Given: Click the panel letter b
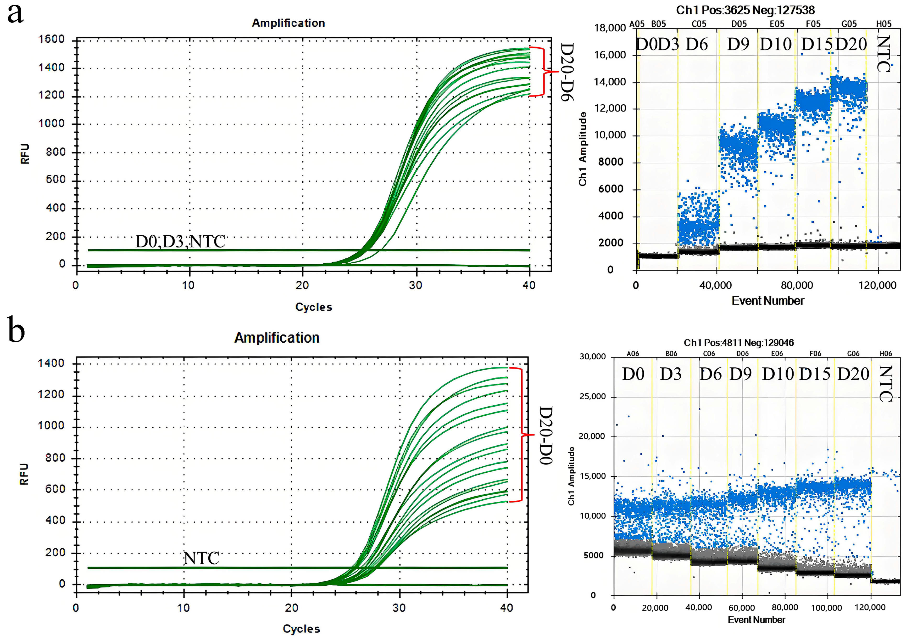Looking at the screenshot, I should coord(16,332).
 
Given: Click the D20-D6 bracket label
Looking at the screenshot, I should coord(567,72).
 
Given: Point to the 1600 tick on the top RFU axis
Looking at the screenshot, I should coord(51,39).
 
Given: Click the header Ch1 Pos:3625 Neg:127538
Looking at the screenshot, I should coord(745,10).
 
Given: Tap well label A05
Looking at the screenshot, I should coord(637,24).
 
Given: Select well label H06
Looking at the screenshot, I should coord(886,353).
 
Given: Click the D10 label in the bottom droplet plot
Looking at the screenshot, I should coord(777,374).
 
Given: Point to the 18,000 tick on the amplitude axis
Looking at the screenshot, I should coord(610,28).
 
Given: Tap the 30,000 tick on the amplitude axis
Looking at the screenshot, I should coord(592,356).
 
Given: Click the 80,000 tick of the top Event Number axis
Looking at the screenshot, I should coord(797,285).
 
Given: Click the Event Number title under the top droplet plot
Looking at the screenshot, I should coord(768,301).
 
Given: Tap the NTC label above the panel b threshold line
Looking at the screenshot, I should coord(201,558).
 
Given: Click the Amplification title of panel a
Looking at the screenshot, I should coord(288,23).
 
